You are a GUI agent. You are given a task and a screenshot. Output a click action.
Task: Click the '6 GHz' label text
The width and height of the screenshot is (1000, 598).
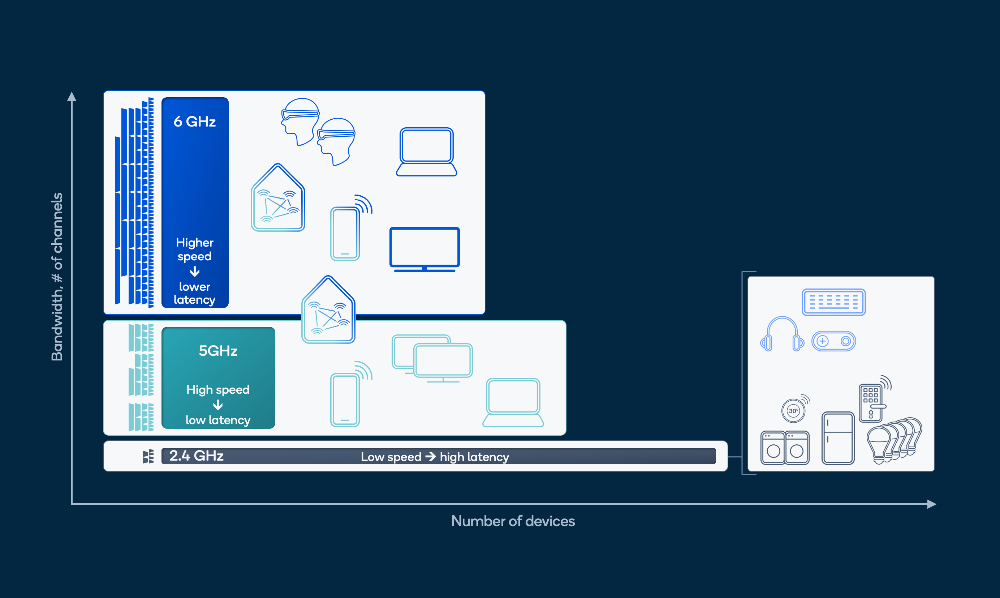click(194, 121)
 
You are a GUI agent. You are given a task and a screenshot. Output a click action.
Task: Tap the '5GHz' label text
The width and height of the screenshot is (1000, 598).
click(218, 351)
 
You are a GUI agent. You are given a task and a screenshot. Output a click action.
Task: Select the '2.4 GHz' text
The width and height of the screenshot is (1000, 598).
click(197, 456)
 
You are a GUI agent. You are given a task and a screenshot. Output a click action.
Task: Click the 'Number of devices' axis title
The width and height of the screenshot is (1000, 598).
click(513, 521)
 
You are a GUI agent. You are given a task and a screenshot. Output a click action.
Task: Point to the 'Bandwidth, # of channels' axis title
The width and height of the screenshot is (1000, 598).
click(57, 277)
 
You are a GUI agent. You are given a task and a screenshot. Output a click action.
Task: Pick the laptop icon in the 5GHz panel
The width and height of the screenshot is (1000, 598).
click(513, 402)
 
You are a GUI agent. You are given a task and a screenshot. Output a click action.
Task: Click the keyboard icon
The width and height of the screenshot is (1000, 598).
click(833, 302)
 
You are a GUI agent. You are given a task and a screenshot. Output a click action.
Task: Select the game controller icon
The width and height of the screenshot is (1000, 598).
click(833, 341)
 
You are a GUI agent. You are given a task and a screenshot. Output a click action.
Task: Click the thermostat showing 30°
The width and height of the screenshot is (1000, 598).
click(793, 411)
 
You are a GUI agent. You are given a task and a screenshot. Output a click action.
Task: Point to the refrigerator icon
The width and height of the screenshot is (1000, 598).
click(838, 438)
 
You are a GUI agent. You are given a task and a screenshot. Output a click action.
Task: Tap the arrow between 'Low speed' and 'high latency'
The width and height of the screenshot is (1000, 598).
click(430, 457)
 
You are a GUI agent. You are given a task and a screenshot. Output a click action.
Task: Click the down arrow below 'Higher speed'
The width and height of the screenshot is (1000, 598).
click(194, 272)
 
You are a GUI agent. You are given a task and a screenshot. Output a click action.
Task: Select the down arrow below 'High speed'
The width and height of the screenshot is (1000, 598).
click(218, 405)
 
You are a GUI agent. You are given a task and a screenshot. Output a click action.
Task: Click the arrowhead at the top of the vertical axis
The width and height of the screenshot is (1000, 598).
click(72, 97)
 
